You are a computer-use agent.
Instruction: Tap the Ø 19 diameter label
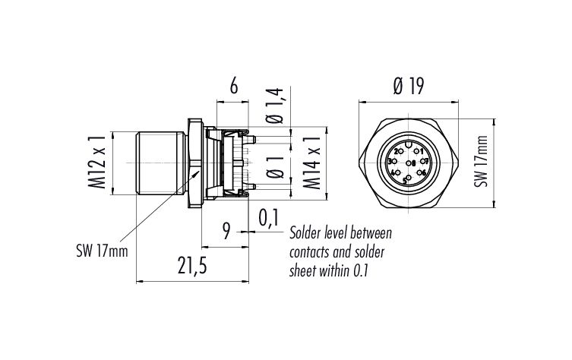coord(408,87)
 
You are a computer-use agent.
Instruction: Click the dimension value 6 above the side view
coord(233,87)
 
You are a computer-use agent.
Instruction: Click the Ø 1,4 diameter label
coord(275,107)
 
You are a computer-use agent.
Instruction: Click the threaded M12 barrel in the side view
coord(160,163)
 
